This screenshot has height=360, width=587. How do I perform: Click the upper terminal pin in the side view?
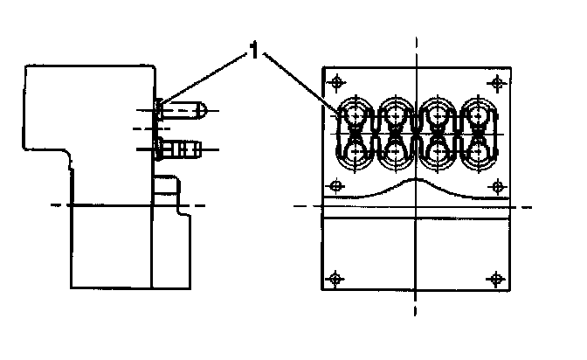pos(185,111)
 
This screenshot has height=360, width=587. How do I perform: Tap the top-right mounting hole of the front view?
pos(496,82)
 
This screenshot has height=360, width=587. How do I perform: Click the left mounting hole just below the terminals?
pos(336,186)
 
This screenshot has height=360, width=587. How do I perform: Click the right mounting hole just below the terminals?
pos(496,186)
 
